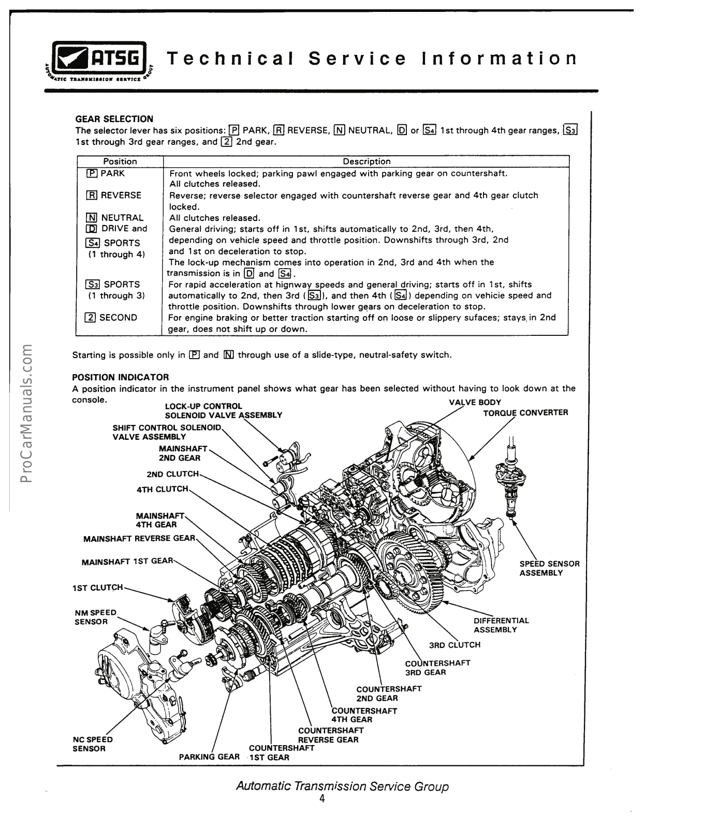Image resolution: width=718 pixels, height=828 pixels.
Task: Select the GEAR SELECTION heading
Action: click(x=114, y=119)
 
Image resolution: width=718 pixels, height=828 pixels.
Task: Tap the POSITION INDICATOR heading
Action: click(x=121, y=377)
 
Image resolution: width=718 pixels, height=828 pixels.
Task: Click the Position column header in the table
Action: click(x=120, y=161)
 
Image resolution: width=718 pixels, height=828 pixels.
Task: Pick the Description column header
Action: click(x=367, y=161)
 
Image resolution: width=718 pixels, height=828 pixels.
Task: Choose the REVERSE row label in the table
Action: click(x=114, y=195)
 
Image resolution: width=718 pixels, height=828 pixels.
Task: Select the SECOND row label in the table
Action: click(x=112, y=318)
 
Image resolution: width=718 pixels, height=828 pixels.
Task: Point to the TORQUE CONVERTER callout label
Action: click(x=525, y=413)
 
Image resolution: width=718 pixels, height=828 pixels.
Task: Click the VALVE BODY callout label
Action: click(x=475, y=403)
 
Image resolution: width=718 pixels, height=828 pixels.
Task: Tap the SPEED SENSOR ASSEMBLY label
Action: click(x=549, y=568)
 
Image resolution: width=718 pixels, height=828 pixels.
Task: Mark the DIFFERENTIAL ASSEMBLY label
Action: click(x=501, y=625)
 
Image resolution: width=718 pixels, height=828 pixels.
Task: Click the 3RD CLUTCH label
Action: click(x=455, y=645)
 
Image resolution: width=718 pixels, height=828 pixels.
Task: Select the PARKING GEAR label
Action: click(x=209, y=757)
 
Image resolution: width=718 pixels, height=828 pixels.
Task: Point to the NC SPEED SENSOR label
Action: click(x=93, y=744)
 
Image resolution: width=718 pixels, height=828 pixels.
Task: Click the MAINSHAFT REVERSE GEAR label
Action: click(x=139, y=538)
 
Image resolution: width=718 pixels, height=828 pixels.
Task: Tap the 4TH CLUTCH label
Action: click(x=162, y=489)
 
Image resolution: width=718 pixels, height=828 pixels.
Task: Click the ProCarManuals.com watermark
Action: click(x=26, y=412)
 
